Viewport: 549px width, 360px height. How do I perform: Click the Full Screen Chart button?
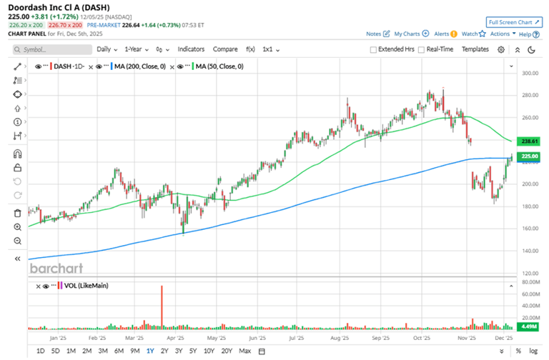click(x=513, y=22)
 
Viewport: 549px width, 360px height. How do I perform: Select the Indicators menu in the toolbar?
click(x=191, y=49)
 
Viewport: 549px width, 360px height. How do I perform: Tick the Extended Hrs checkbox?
click(x=374, y=50)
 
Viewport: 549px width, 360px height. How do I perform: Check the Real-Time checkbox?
click(x=422, y=50)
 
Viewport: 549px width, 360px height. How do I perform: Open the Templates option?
click(x=475, y=49)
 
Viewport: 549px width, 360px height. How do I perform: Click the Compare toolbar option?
click(x=225, y=49)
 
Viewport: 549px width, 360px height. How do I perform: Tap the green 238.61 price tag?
click(x=530, y=142)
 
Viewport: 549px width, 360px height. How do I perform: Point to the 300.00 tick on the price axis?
click(x=530, y=74)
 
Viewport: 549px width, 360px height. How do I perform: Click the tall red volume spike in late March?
click(x=162, y=307)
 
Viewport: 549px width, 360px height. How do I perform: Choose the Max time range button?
click(x=244, y=351)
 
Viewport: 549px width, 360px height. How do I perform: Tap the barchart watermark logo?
click(x=56, y=269)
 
